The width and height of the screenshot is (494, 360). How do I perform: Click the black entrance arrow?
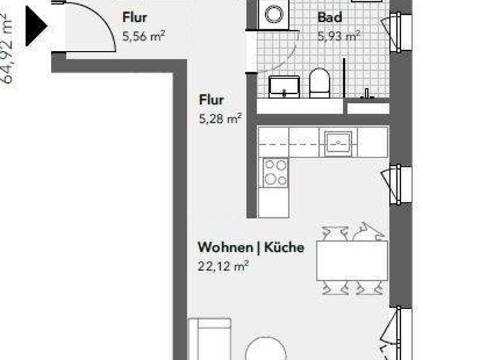click(36, 26)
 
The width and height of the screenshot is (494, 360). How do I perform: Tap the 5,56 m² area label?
click(143, 37)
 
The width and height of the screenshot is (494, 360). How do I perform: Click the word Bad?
click(329, 17)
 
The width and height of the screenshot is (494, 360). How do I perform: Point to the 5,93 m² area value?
click(338, 37)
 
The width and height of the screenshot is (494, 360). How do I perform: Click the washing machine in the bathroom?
click(275, 14)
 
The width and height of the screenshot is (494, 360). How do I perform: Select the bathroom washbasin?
click(284, 86)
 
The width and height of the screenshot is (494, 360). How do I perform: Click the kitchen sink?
click(336, 141)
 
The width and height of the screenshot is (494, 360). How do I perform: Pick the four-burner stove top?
click(275, 172)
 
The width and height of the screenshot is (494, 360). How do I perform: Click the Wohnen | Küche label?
click(251, 248)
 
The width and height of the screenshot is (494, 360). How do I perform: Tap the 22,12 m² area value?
click(223, 265)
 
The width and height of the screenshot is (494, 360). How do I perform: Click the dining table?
click(352, 260)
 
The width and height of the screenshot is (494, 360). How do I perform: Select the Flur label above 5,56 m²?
click(134, 17)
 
